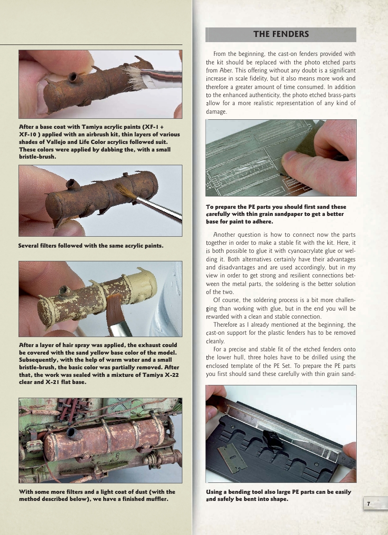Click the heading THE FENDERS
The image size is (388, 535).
(x=281, y=34)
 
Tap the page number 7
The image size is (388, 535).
(x=368, y=504)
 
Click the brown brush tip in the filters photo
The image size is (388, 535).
(x=124, y=193)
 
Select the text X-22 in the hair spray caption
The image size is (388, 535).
(x=169, y=375)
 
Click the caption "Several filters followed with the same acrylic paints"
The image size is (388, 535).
(x=90, y=245)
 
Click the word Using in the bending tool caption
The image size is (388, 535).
(x=216, y=492)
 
